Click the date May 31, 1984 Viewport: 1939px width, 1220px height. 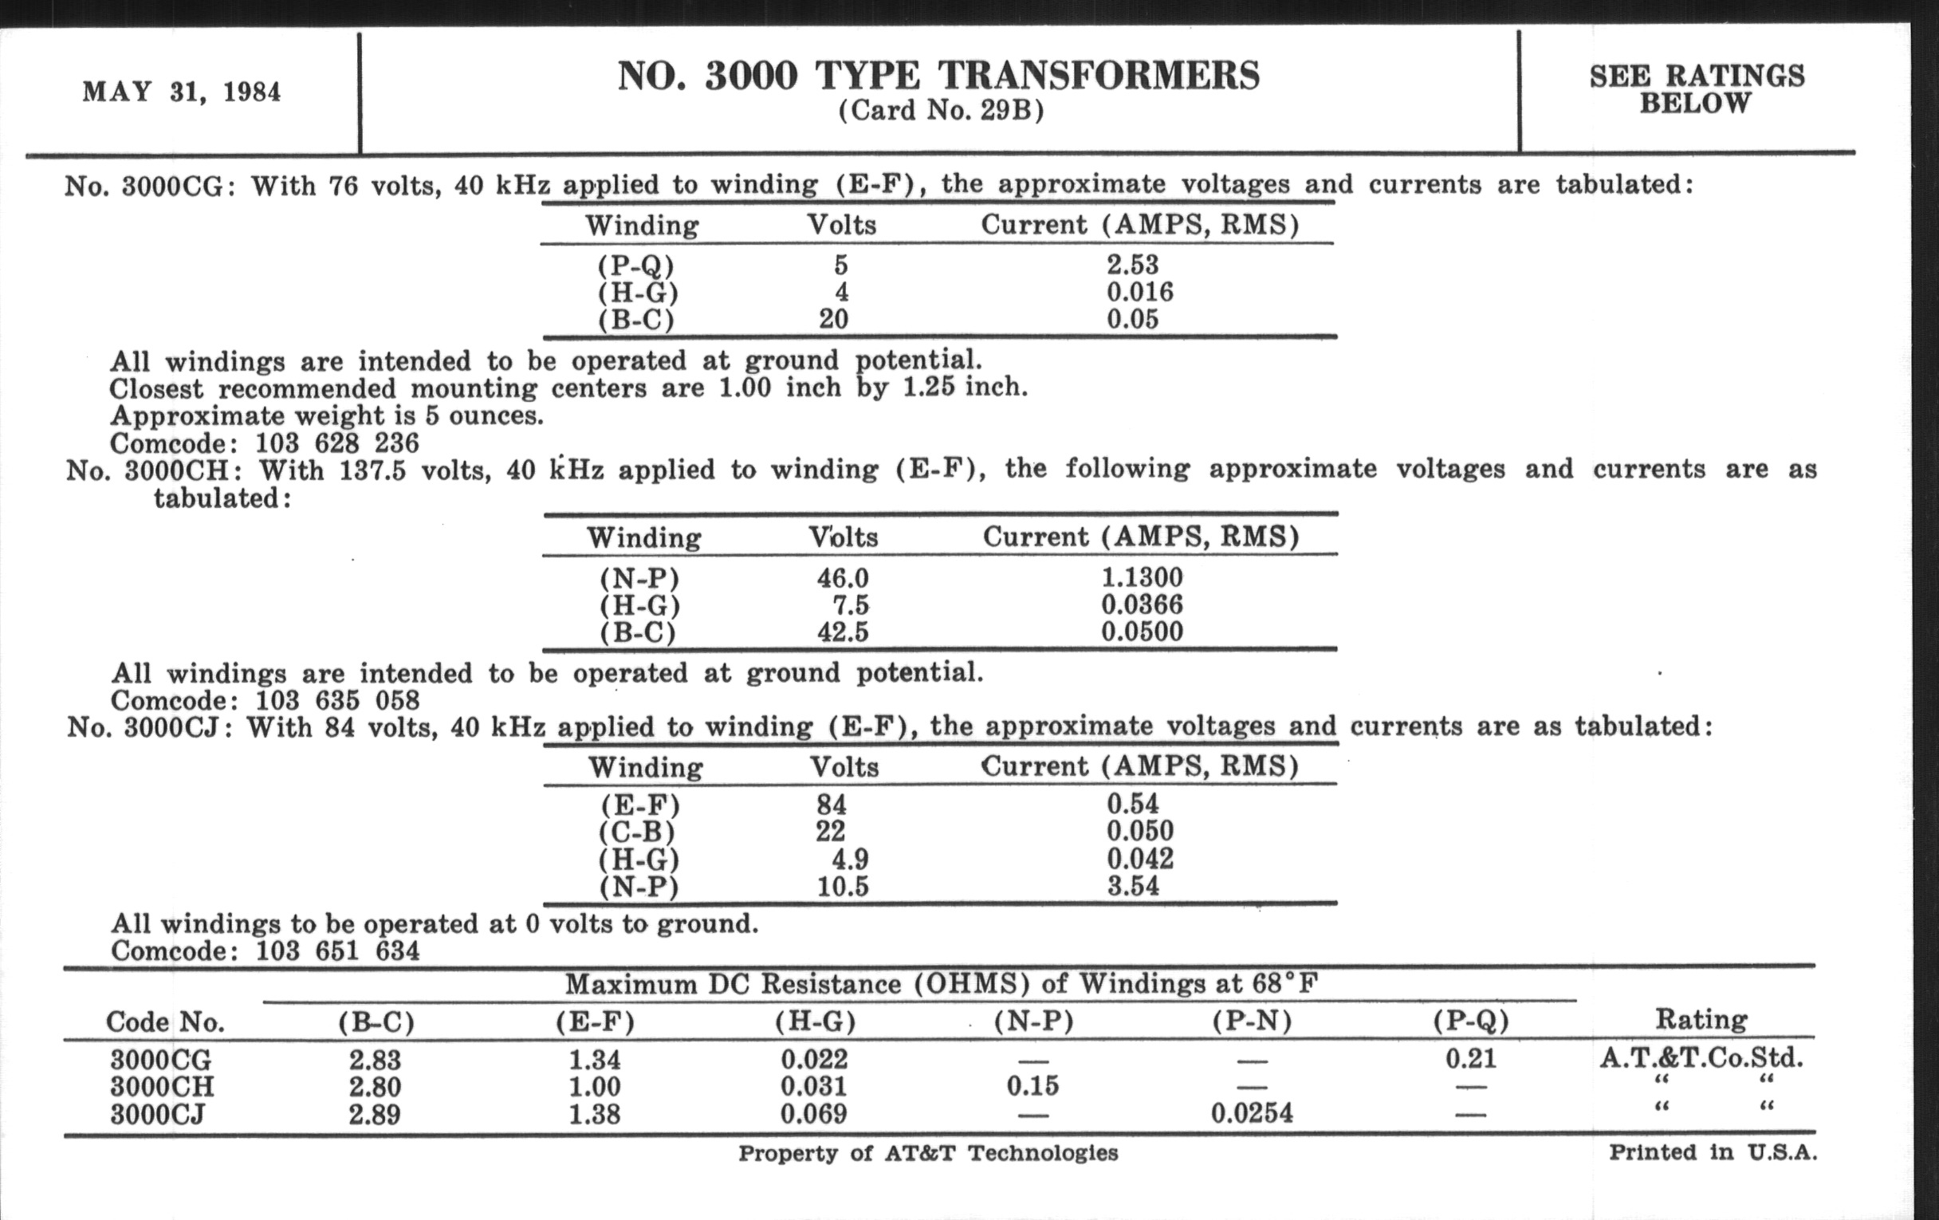181,92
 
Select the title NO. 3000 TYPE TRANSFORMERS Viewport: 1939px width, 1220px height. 938,76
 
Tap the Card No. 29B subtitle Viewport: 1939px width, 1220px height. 941,110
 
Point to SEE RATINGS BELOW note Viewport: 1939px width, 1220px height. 1696,89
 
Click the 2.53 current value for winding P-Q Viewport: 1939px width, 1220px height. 1132,264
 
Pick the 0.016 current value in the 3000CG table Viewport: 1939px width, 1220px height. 1139,292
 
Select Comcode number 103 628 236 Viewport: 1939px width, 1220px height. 337,443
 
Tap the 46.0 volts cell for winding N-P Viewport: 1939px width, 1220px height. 842,577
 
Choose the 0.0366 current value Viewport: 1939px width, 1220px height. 1142,604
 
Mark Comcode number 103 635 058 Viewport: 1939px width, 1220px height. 337,700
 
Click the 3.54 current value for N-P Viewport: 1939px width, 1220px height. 1132,886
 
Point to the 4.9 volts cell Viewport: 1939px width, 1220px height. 850,859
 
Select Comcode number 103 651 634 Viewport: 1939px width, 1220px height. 337,951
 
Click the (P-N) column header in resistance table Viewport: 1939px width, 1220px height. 1252,1021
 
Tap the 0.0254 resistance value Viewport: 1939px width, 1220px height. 1252,1114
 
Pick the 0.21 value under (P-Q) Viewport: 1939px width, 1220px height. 1470,1058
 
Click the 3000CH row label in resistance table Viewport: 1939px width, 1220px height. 162,1086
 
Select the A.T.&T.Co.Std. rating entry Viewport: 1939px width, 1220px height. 1701,1057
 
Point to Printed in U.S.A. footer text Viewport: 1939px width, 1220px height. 1713,1152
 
